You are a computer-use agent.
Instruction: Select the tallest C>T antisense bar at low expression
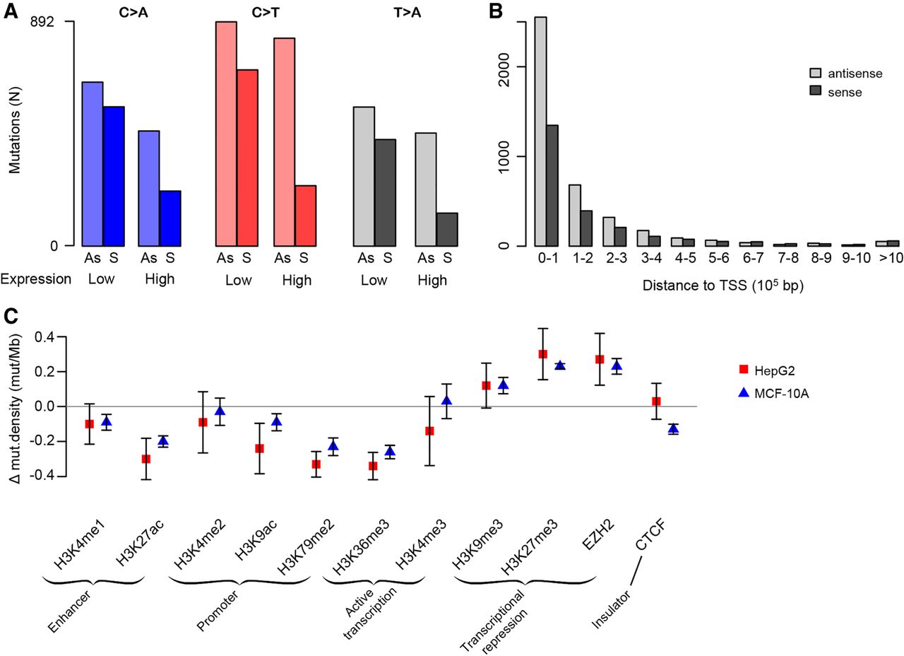point(226,134)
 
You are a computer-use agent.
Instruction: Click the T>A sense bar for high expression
point(447,229)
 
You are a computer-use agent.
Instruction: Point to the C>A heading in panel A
point(133,12)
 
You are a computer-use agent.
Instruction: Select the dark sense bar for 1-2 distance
point(585,228)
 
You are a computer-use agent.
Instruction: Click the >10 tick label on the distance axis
point(890,258)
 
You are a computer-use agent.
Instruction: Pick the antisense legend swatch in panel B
point(814,74)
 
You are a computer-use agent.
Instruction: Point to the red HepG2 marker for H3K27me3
point(542,354)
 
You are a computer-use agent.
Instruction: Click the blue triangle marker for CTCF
point(673,428)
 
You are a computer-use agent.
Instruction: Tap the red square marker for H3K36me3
point(373,466)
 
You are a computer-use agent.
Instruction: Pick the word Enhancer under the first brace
point(69,605)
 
